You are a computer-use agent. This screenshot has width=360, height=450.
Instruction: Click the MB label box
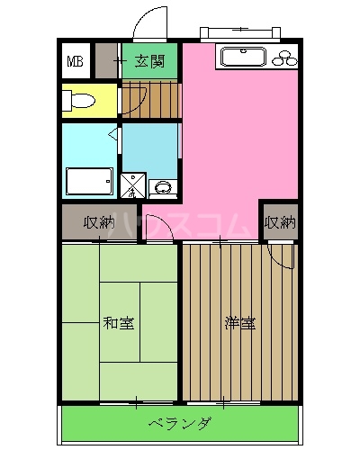click(x=76, y=63)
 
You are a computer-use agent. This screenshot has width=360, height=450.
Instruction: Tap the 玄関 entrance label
click(x=149, y=62)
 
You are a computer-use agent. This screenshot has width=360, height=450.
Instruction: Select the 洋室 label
click(x=239, y=322)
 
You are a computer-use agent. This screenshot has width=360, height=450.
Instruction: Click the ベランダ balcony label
click(x=180, y=423)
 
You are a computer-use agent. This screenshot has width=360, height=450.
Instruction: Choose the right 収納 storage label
click(x=280, y=221)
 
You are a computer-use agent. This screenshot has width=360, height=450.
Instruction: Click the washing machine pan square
click(x=132, y=185)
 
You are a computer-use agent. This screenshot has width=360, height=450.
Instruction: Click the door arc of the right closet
click(x=285, y=256)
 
